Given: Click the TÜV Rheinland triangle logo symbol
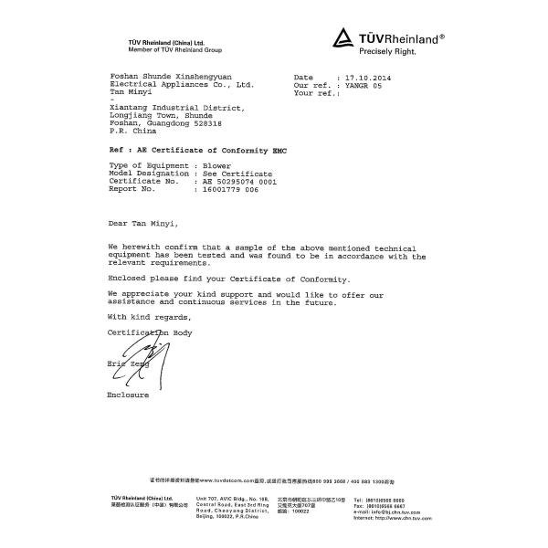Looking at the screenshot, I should click(x=342, y=38).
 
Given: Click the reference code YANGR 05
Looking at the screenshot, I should click(x=359, y=86).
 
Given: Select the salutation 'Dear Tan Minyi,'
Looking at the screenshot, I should click(x=143, y=223).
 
